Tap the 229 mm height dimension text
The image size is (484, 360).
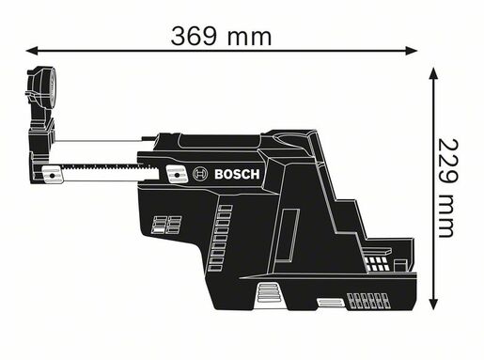(449, 188)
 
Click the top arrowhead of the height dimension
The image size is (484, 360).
(432, 73)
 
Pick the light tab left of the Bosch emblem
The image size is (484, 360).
(175, 174)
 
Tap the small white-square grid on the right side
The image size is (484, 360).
(377, 263)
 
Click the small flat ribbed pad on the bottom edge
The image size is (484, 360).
(329, 303)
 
